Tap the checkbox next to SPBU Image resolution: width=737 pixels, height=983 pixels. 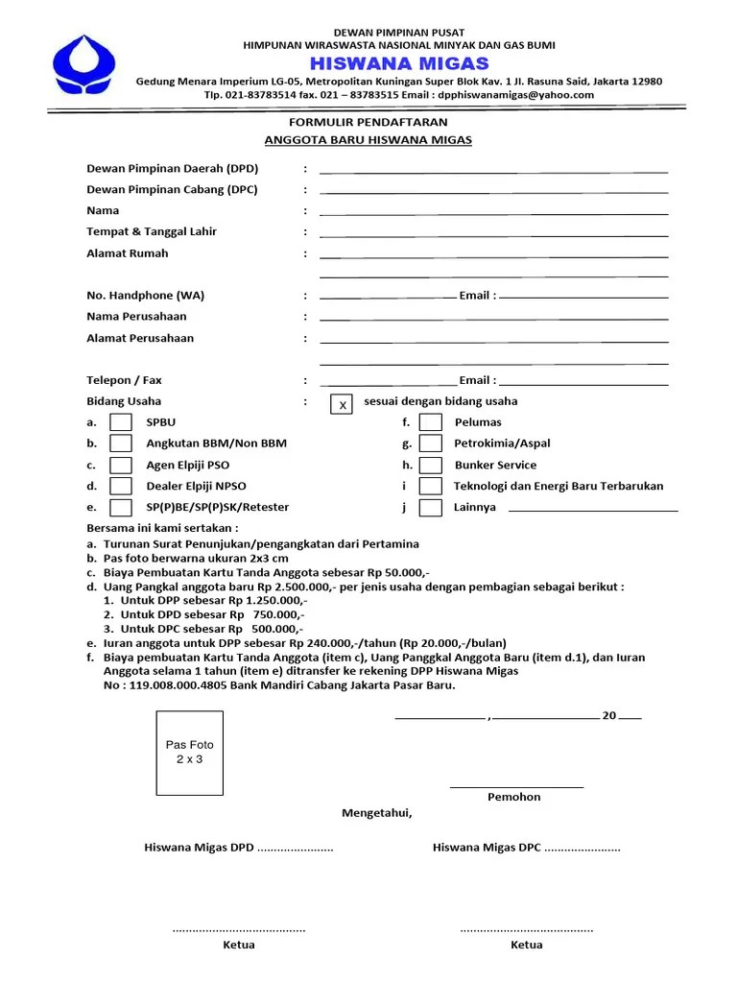tap(121, 422)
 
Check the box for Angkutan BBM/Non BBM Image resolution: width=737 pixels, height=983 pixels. tap(121, 444)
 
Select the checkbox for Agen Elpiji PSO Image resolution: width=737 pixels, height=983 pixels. tap(121, 465)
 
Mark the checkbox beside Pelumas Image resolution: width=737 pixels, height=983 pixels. tap(431, 422)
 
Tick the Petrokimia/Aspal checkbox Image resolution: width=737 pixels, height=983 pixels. tap(431, 444)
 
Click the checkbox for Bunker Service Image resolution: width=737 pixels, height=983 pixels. tap(431, 465)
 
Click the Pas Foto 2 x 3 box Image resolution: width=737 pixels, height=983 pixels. tap(190, 753)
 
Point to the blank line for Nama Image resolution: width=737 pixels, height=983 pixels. tap(493, 213)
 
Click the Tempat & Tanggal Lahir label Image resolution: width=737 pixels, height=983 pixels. tap(152, 231)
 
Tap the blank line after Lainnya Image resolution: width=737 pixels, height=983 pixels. tap(592, 510)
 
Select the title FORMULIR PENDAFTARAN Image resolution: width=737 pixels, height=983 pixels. tap(368, 123)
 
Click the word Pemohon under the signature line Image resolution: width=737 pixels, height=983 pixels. tap(514, 797)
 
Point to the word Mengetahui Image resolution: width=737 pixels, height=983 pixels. tap(377, 813)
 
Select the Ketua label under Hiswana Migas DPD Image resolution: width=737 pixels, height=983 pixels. tap(239, 945)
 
